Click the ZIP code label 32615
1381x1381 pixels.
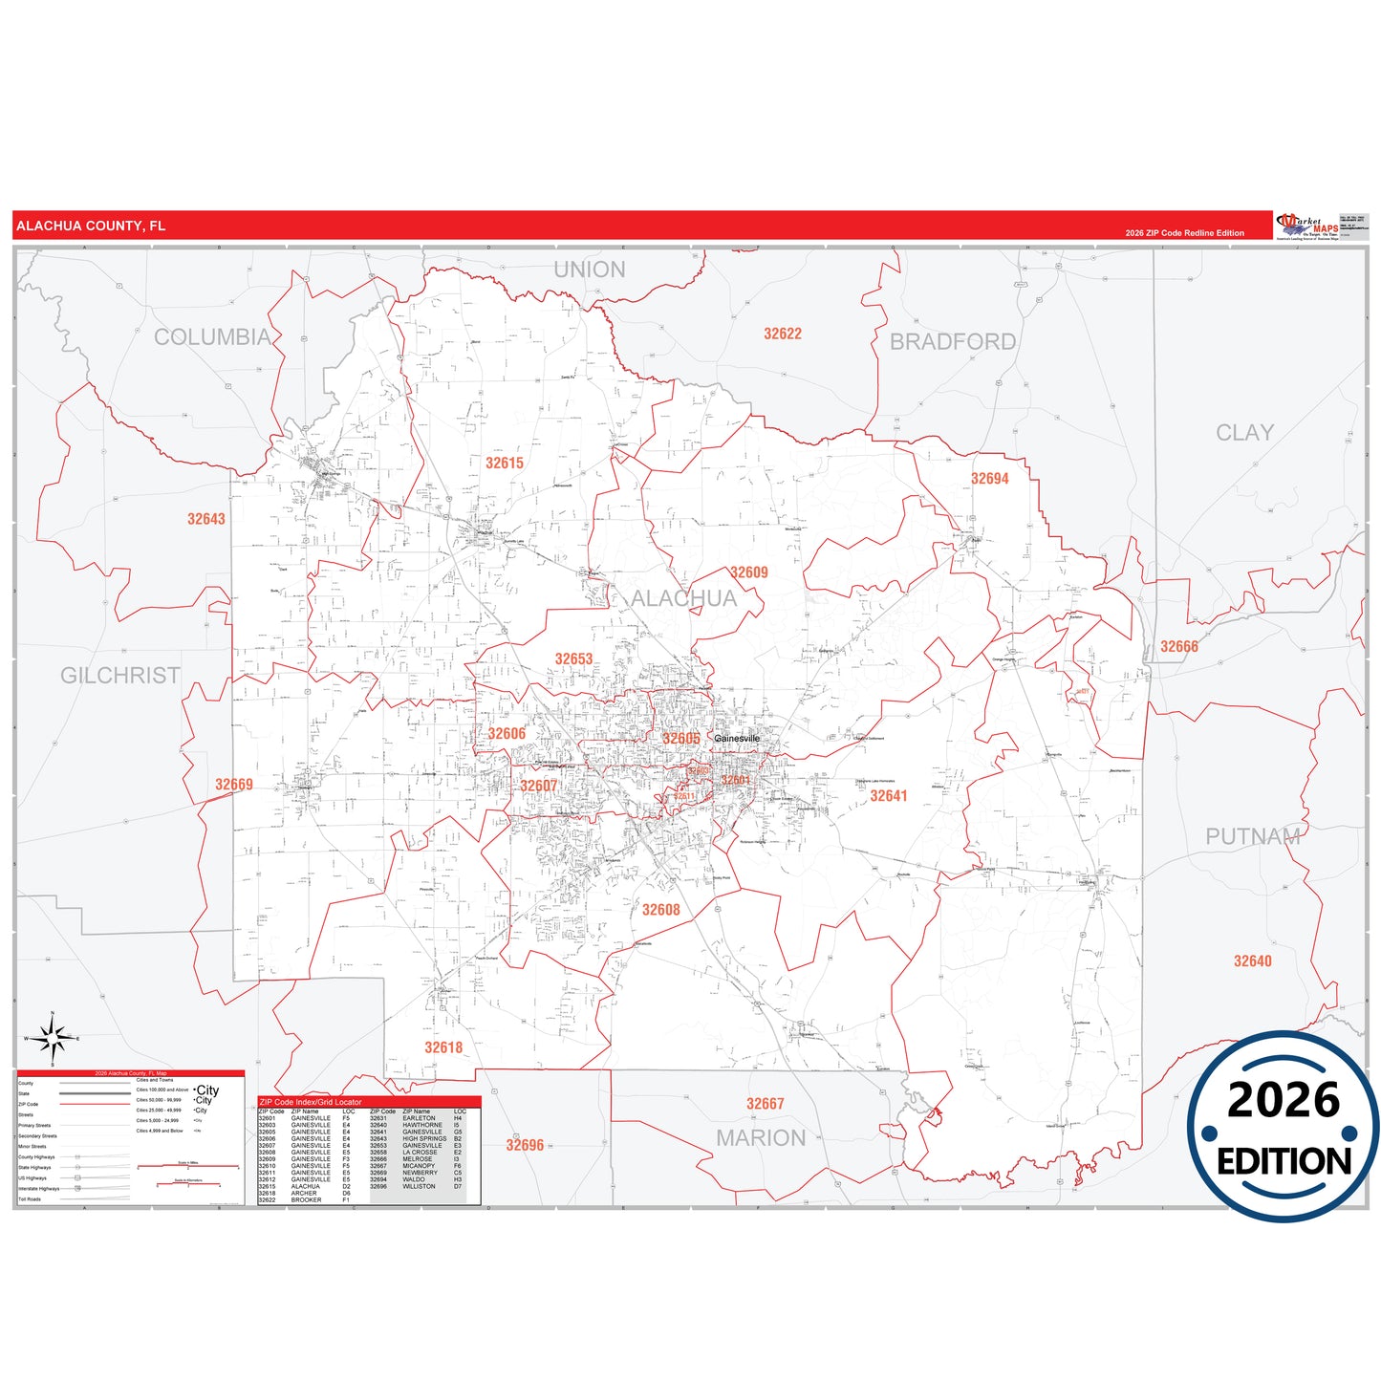[x=504, y=464]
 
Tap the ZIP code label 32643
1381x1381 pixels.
[x=205, y=519]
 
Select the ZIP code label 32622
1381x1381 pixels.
[x=782, y=334]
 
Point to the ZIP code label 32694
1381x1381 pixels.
[x=989, y=479]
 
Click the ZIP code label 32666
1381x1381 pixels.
[x=1178, y=647]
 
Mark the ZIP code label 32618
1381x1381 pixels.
[x=443, y=1047]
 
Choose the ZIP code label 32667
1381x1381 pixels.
[x=765, y=1104]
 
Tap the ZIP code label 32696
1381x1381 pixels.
[x=525, y=1145]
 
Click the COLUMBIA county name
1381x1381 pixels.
[x=212, y=337]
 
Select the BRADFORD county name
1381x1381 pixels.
[x=952, y=342]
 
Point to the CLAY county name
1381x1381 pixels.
[x=1244, y=433]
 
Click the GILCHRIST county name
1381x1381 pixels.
[x=120, y=676]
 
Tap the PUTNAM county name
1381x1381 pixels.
[x=1252, y=837]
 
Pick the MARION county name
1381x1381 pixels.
[x=761, y=1138]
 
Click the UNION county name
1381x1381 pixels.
[x=590, y=270]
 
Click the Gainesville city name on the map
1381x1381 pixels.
[x=737, y=739]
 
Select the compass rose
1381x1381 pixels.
[x=53, y=1038]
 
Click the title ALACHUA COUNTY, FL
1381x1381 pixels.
[x=91, y=227]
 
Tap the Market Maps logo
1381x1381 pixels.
[x=1307, y=227]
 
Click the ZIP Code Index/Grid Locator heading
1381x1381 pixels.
[x=311, y=1102]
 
